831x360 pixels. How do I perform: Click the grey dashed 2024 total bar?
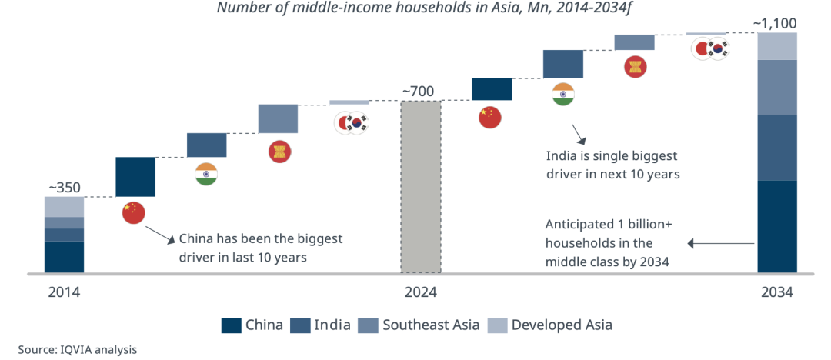[420, 187]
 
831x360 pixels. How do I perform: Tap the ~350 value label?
[64, 187]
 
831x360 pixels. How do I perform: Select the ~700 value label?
[418, 92]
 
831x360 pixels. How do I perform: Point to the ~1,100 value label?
[776, 23]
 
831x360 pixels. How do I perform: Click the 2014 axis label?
[64, 293]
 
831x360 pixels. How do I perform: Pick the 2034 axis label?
[776, 293]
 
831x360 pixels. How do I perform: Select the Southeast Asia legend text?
[431, 325]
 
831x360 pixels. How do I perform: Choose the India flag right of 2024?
[563, 94]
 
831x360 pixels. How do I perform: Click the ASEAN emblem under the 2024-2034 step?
[635, 66]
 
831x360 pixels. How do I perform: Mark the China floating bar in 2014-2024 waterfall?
[135, 176]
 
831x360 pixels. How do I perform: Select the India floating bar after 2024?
[562, 64]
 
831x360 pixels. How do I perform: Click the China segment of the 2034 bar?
[776, 226]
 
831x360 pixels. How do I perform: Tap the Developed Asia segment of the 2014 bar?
[64, 206]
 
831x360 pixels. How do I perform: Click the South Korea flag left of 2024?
[358, 123]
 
